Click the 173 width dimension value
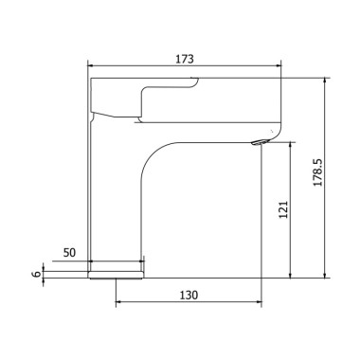tap(185, 59)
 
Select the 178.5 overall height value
tap(318, 172)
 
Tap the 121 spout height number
tap(283, 209)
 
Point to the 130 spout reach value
tap(189, 295)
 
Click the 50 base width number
tap(70, 253)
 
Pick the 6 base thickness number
tap(36, 274)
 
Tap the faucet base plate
tap(116, 275)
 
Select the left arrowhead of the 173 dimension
tap(90, 65)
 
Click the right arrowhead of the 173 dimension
tap(279, 65)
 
